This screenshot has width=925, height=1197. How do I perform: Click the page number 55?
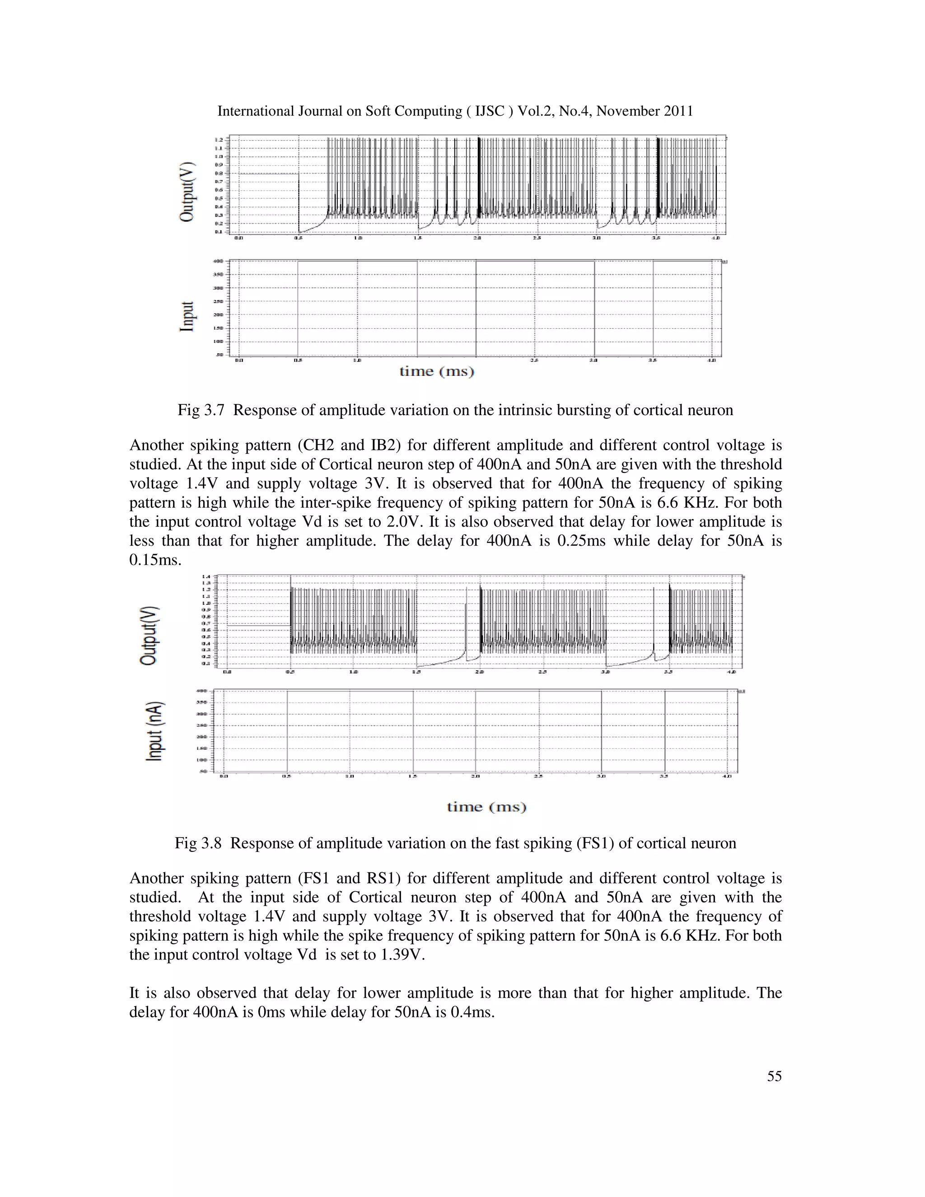tap(774, 1076)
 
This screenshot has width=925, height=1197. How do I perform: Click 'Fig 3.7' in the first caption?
tap(201, 410)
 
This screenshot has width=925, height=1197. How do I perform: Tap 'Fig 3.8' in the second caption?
tap(198, 842)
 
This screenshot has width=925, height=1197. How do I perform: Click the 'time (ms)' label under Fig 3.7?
tap(437, 372)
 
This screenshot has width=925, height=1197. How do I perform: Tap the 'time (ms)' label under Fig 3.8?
tap(486, 807)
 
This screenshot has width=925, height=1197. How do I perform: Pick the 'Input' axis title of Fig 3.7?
tap(187, 316)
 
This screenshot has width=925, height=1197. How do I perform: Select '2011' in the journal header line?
tap(678, 111)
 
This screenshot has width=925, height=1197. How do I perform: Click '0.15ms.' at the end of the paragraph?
tap(155, 560)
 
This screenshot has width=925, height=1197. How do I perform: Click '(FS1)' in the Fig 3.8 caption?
tap(595, 842)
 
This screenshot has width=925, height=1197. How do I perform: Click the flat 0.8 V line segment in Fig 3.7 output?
tap(269, 174)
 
